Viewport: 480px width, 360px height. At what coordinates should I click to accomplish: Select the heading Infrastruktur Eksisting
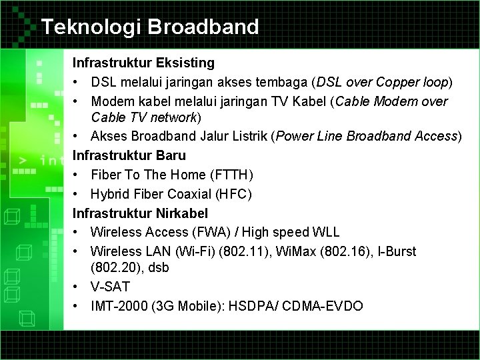pos(143,63)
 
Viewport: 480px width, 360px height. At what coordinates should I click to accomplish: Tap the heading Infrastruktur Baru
pos(129,155)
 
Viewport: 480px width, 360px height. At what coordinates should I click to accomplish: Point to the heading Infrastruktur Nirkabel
pos(140,213)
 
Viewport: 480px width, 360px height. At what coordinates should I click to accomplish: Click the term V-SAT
pos(111,287)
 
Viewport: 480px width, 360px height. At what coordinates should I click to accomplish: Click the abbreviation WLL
pos(325,232)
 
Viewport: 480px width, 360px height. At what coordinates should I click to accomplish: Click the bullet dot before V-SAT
pos(78,287)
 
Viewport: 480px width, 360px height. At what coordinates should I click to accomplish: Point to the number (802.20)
pos(115,267)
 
